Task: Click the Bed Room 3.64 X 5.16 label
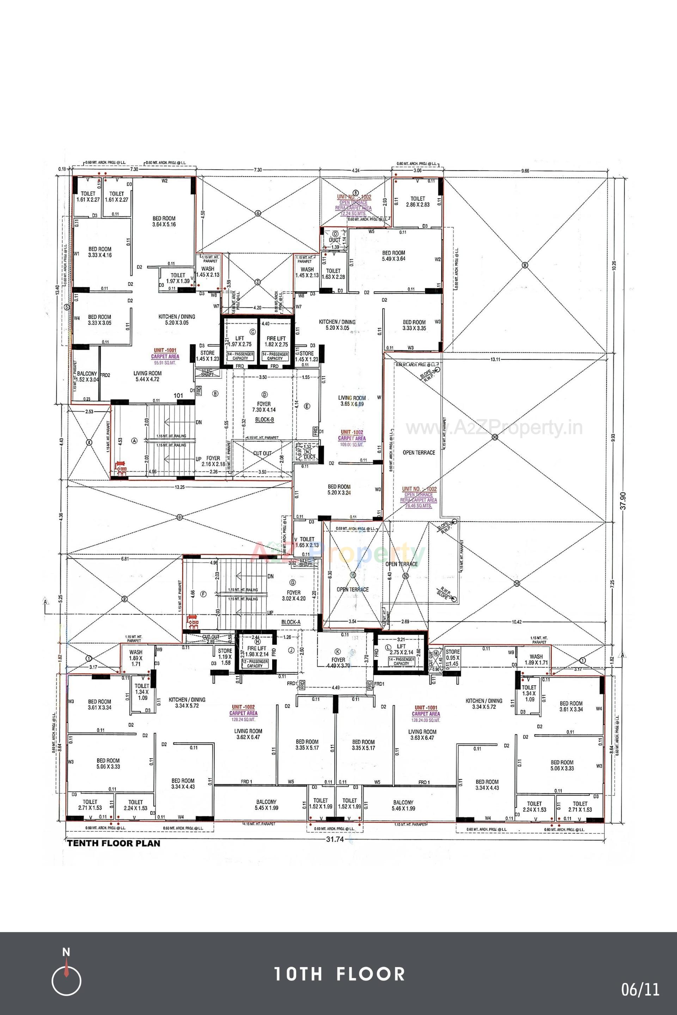click(x=164, y=221)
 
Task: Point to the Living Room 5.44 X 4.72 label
click(x=147, y=377)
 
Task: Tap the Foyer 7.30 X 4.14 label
click(x=264, y=407)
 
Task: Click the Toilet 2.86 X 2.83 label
click(x=417, y=202)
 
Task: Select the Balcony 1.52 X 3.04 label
click(x=87, y=377)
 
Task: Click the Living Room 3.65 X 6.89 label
click(x=352, y=401)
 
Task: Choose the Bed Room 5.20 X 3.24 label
click(x=339, y=490)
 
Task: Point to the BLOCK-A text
click(x=291, y=622)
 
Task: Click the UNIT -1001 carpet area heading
click(x=165, y=353)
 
